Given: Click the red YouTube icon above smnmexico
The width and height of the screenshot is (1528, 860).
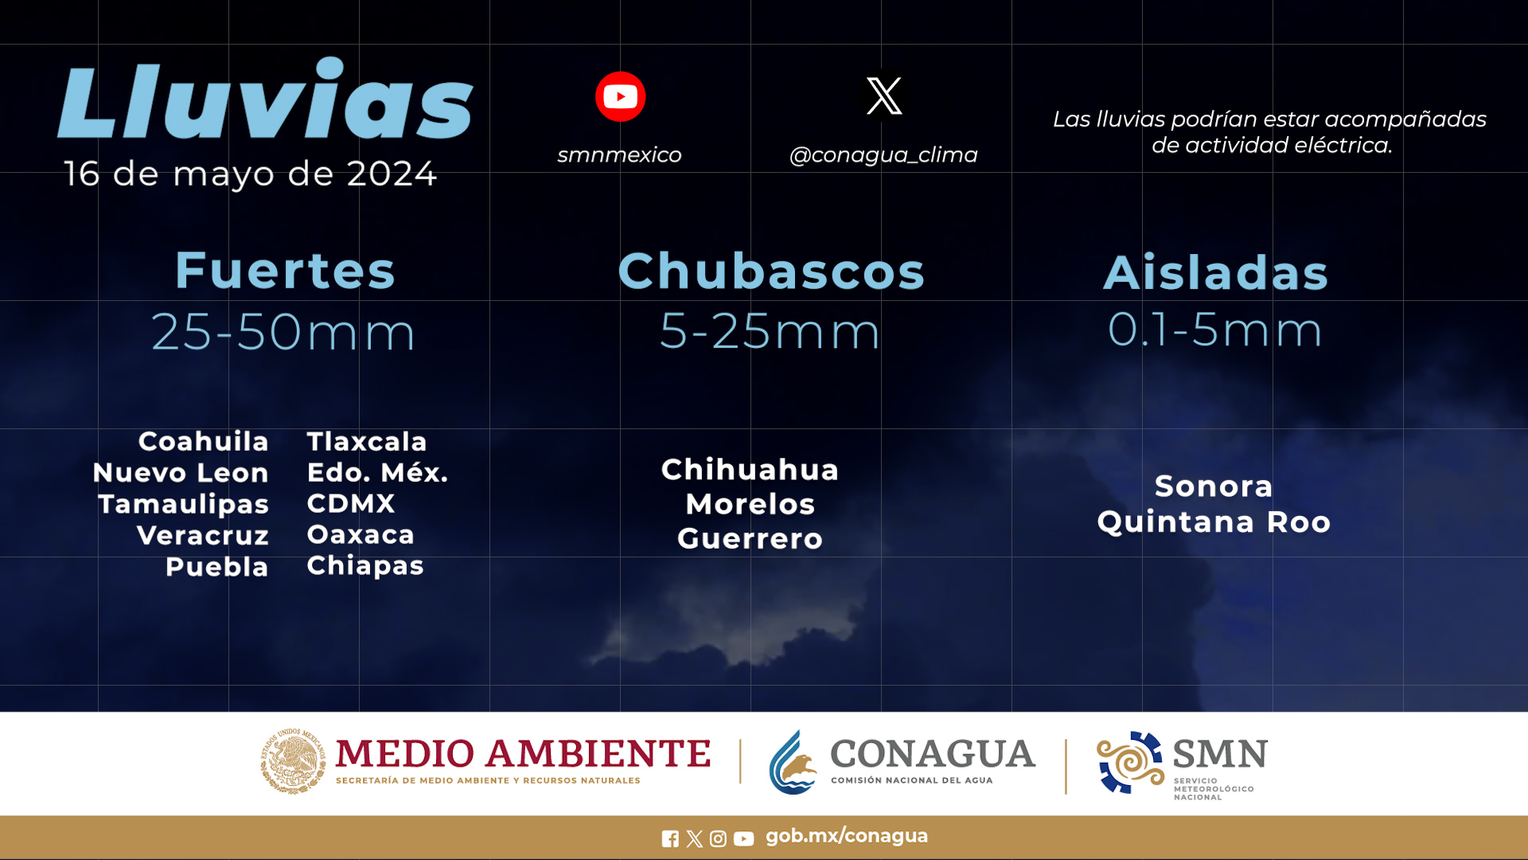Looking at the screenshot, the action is pyautogui.click(x=620, y=96).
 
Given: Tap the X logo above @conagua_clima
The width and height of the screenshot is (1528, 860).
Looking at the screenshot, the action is pyautogui.click(x=884, y=96).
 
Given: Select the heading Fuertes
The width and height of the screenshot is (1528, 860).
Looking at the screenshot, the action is pyautogui.click(x=285, y=271).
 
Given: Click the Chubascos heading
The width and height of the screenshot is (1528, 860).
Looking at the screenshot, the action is pyautogui.click(x=771, y=272).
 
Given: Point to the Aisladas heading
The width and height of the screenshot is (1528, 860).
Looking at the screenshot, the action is pyautogui.click(x=1216, y=272).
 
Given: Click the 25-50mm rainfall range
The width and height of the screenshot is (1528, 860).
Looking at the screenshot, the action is pyautogui.click(x=283, y=331).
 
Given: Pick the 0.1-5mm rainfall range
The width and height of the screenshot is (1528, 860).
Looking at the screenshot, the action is pyautogui.click(x=1215, y=329).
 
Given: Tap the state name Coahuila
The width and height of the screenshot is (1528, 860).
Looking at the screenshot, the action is pyautogui.click(x=204, y=441).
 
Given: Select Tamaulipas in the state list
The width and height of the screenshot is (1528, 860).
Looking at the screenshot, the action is pyautogui.click(x=183, y=505).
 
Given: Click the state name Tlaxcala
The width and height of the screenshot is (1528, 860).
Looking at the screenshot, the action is pyautogui.click(x=367, y=441).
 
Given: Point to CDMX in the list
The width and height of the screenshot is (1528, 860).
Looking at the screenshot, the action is pyautogui.click(x=351, y=503).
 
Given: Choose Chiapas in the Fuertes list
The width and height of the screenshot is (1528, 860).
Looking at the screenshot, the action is pyautogui.click(x=365, y=566).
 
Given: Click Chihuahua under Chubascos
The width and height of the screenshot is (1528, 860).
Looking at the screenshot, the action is pyautogui.click(x=750, y=470).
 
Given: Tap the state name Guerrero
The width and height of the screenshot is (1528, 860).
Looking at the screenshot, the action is pyautogui.click(x=750, y=539).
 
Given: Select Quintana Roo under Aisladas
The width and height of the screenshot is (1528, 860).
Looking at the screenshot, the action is pyautogui.click(x=1214, y=522).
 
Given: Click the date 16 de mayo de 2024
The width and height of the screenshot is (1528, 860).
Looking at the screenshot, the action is pyautogui.click(x=250, y=174).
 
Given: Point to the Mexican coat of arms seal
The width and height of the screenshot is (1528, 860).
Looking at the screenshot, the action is pyautogui.click(x=293, y=761).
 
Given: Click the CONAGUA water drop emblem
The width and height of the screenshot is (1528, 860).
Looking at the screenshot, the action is pyautogui.click(x=793, y=763).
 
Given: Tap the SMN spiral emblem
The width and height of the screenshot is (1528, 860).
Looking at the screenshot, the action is pyautogui.click(x=1130, y=763).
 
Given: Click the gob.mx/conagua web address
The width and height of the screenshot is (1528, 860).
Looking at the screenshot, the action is pyautogui.click(x=847, y=836).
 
